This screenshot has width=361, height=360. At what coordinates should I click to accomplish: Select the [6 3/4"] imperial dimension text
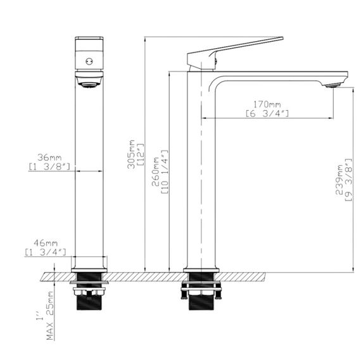pyautogui.click(x=267, y=113)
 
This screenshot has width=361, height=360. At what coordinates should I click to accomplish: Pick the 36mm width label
pyautogui.click(x=49, y=157)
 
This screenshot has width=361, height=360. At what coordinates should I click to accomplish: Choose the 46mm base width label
pyautogui.click(x=46, y=243)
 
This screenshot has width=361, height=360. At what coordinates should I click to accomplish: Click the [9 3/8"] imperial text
pyautogui.click(x=349, y=181)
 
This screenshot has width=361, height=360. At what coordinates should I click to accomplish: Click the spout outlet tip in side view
pyautogui.click(x=331, y=84)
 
